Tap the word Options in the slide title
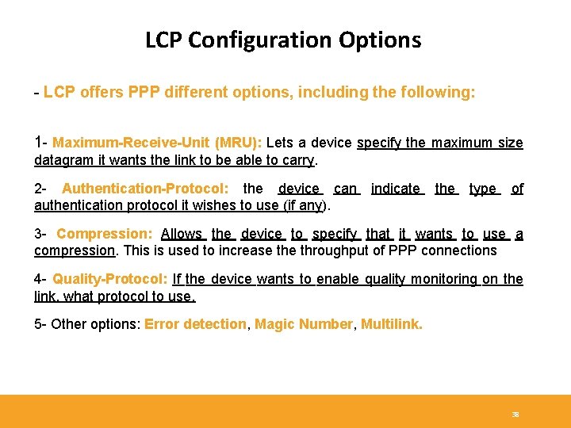pyautogui.click(x=384, y=40)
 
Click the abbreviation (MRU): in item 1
pyautogui.click(x=238, y=143)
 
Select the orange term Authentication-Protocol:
pyautogui.click(x=146, y=189)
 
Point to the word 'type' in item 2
pyautogui.click(x=482, y=189)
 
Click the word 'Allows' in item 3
pyautogui.click(x=182, y=234)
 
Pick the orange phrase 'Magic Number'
pyautogui.click(x=304, y=324)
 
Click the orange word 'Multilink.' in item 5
pyautogui.click(x=392, y=324)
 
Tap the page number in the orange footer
pyautogui.click(x=515, y=415)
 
